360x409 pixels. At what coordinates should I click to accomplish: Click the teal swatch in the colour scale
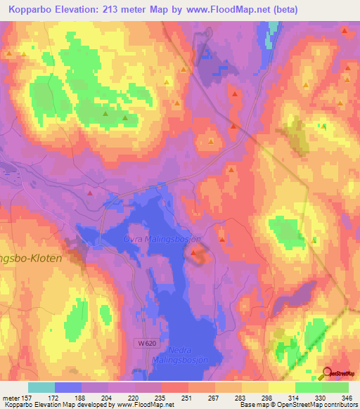pyautogui.click(x=41, y=387)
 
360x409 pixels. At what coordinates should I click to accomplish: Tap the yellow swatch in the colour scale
pyautogui.click(x=282, y=387)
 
